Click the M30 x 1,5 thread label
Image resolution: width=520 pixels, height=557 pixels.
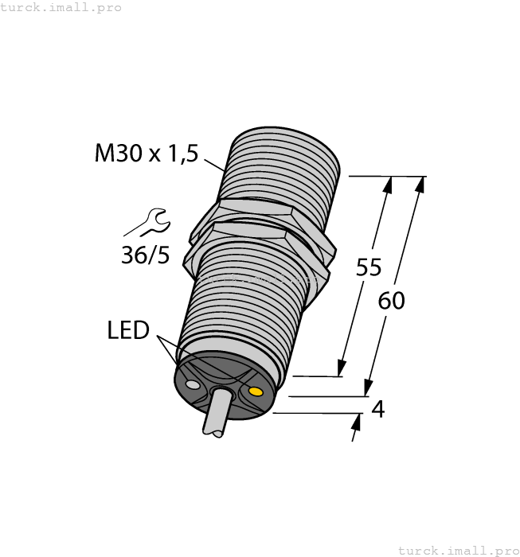[x=146, y=152]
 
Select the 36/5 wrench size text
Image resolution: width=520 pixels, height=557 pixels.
[x=144, y=255]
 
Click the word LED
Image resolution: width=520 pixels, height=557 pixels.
[x=128, y=329]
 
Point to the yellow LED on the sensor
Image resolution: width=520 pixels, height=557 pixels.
[x=256, y=391]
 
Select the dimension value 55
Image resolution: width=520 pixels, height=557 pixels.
[x=369, y=268]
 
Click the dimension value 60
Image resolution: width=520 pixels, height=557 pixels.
[x=391, y=301]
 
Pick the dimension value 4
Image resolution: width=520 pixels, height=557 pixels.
[x=378, y=409]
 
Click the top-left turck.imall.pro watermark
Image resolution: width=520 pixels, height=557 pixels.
[x=61, y=7]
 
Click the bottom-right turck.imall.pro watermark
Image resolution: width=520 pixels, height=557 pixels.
[x=458, y=550]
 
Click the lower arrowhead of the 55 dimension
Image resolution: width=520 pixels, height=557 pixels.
[x=342, y=368]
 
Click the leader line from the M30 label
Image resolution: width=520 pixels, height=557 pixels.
[x=213, y=166]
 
